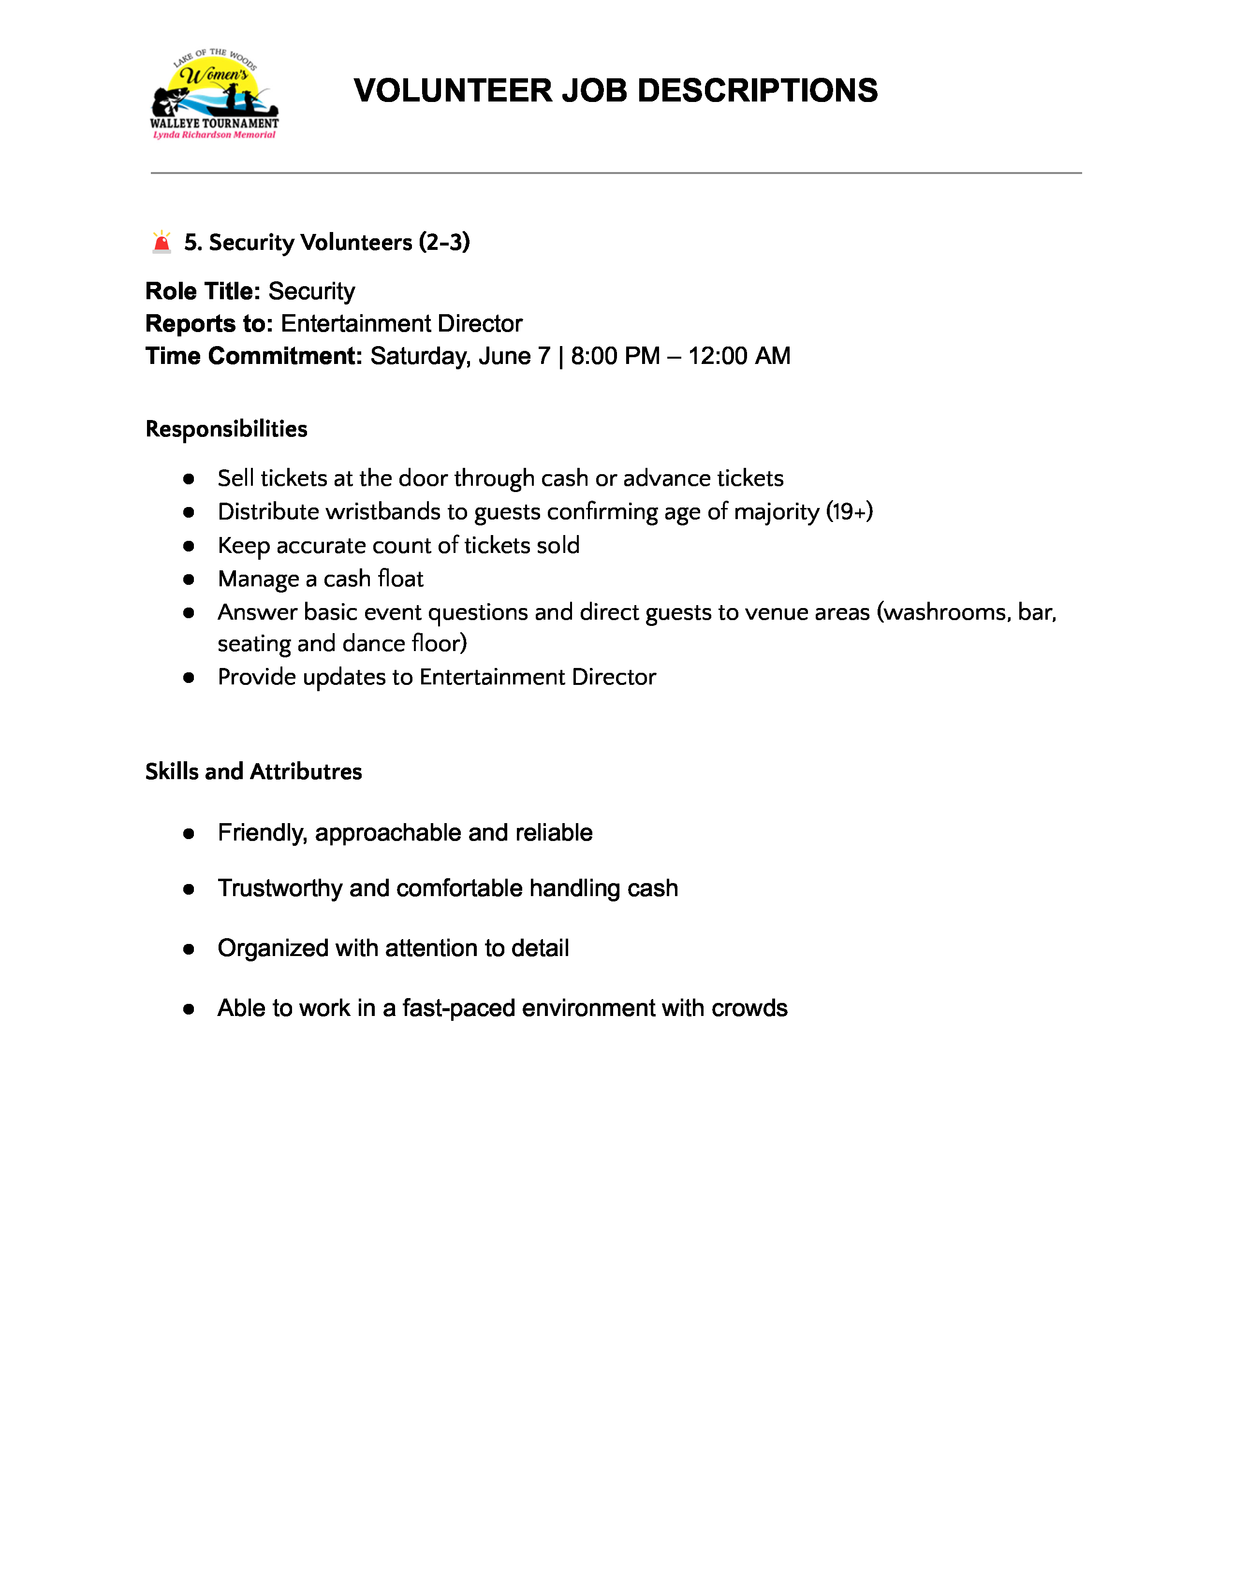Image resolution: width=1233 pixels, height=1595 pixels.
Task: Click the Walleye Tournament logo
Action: pyautogui.click(x=214, y=93)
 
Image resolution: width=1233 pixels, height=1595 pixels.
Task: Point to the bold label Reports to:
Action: pyautogui.click(x=209, y=323)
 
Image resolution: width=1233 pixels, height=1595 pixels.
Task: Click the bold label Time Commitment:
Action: pyautogui.click(x=253, y=356)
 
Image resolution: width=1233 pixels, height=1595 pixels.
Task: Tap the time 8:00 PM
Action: pyautogui.click(x=615, y=356)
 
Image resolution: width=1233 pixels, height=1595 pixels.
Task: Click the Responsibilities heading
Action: pyautogui.click(x=226, y=429)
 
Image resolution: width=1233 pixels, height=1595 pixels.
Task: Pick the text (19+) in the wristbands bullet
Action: pyautogui.click(x=850, y=512)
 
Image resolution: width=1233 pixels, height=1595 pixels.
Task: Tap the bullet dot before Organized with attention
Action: pyautogui.click(x=189, y=949)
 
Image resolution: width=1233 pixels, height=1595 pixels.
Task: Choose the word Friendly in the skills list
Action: pyautogui.click(x=262, y=833)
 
